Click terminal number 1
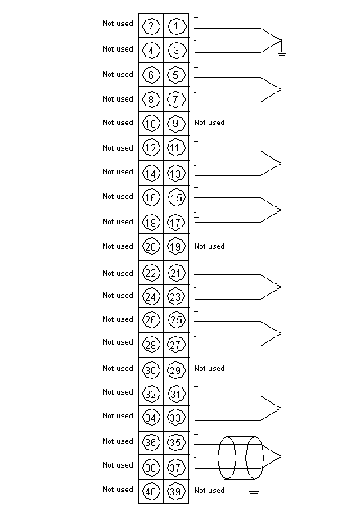(x=176, y=26)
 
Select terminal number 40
(x=151, y=491)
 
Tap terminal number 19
(x=176, y=246)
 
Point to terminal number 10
(x=151, y=124)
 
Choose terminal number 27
(x=176, y=345)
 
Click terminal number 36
(x=151, y=442)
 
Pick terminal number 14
(x=151, y=174)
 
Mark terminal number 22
(x=151, y=273)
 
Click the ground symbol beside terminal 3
(x=281, y=52)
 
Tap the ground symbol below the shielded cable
(x=254, y=492)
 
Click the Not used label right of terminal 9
(x=209, y=123)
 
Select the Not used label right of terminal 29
(x=209, y=369)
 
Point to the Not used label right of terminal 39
(x=209, y=491)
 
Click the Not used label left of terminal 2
(x=118, y=24)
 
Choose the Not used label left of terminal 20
(x=118, y=246)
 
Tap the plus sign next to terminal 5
(x=196, y=67)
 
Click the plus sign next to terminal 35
(x=196, y=434)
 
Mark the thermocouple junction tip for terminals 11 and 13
(x=281, y=163)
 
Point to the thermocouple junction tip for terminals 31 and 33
(x=281, y=408)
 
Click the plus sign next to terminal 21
(x=196, y=265)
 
